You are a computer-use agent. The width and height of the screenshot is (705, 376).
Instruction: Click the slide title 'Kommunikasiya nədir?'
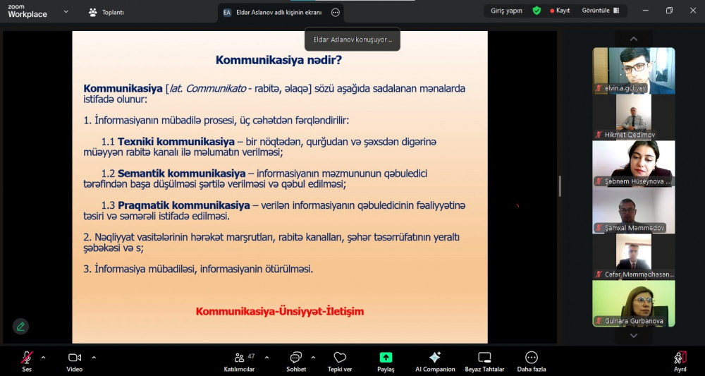278,60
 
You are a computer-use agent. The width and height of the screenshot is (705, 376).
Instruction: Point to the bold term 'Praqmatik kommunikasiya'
183,205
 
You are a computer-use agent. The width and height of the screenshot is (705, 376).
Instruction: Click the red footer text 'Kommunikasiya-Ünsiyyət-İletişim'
280,311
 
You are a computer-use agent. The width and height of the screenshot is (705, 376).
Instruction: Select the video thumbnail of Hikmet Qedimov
634,116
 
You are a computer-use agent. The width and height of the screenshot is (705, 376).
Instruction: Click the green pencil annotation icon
20,326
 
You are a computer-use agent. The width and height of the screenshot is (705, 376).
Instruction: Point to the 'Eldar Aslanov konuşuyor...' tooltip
352,40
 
